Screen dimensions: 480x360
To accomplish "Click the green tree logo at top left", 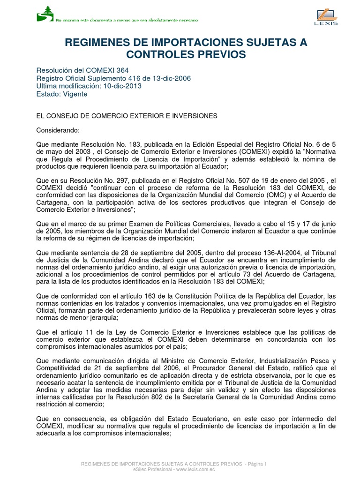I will click(x=45, y=14).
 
